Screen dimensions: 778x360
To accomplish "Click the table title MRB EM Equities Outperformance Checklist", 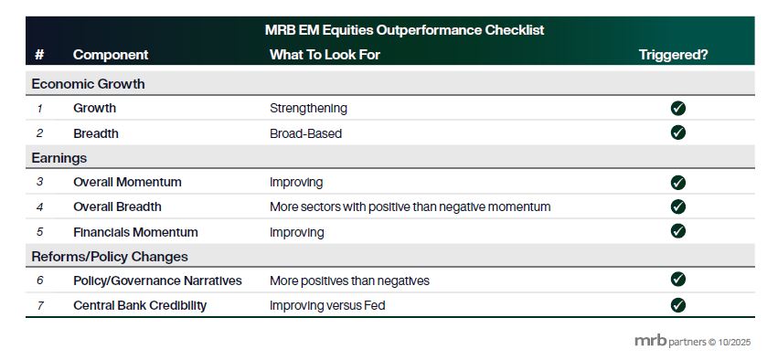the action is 404,30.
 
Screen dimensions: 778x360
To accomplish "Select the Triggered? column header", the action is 673,55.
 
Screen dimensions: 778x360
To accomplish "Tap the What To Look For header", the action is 325,55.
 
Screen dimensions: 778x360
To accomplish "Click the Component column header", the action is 111,55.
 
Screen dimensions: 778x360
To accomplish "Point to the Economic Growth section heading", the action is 89,84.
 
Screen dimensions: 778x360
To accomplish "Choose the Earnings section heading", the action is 59,158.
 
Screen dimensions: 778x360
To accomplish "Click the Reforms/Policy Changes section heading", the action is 110,257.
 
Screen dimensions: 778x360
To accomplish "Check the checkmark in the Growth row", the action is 677,108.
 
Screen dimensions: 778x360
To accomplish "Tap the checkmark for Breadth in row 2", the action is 677,132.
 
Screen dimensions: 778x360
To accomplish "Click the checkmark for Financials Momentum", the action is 677,231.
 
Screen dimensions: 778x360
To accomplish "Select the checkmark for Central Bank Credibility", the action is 677,305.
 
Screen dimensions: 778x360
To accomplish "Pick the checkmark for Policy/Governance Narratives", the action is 677,280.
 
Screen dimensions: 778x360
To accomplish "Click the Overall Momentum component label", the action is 127,182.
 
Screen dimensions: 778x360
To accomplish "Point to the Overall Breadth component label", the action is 117,206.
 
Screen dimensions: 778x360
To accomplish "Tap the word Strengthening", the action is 309,109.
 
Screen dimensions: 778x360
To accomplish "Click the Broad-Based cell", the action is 305,133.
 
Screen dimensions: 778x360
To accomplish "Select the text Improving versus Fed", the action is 327,305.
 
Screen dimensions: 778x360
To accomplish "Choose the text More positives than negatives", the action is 350,281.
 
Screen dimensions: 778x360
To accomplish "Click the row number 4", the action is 40,206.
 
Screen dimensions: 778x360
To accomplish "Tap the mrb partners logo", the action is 693,341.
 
